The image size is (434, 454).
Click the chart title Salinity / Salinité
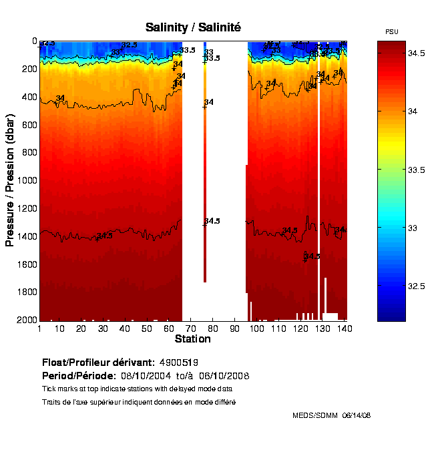point(193,27)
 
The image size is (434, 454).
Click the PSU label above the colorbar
point(392,32)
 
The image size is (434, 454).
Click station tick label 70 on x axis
point(191,328)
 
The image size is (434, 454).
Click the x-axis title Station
point(193,339)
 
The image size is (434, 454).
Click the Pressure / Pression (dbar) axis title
point(11,180)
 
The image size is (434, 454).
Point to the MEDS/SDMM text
point(315,415)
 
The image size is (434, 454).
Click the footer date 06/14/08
point(356,415)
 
